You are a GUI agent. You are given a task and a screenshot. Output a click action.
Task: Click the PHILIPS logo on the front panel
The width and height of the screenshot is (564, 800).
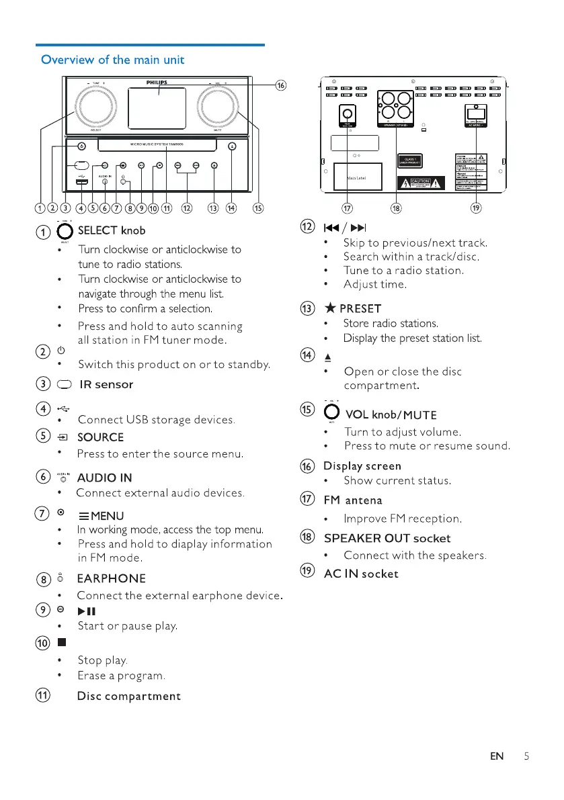click(157, 82)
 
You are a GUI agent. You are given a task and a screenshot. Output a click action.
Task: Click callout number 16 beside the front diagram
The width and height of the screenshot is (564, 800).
click(281, 85)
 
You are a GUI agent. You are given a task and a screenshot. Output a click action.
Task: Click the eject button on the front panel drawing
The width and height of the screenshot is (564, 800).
click(232, 146)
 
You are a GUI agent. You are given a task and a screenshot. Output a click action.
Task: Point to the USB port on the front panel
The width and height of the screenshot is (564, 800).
click(81, 183)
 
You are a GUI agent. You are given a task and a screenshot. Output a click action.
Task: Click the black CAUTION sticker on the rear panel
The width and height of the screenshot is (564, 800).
click(421, 182)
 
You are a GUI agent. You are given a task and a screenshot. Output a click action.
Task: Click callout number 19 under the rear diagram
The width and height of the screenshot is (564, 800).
click(475, 208)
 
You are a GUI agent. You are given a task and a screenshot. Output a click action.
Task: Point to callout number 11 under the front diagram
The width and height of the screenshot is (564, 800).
click(165, 208)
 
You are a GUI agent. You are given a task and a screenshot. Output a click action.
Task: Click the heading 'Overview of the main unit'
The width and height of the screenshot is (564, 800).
click(112, 60)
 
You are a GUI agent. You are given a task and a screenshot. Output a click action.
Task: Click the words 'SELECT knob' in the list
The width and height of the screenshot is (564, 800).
click(112, 230)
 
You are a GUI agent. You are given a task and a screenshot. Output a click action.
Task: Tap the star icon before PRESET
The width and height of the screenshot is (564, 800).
click(329, 308)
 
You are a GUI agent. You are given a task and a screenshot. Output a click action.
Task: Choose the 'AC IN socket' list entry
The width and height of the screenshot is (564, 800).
click(361, 574)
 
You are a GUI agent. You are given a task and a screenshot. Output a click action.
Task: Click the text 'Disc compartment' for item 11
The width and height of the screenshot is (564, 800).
click(129, 695)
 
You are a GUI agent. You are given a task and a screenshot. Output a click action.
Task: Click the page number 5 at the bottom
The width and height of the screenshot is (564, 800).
click(526, 756)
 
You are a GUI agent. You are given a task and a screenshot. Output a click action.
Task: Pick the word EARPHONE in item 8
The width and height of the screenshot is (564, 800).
click(111, 578)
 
